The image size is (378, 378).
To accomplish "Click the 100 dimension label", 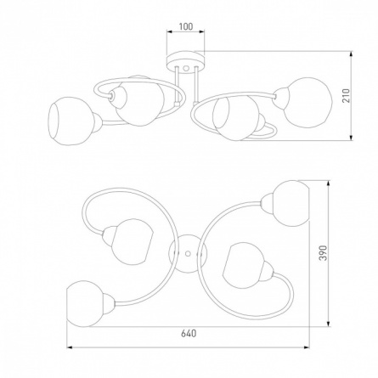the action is pos(186,26).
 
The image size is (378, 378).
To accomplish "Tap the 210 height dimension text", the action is pos(347,96).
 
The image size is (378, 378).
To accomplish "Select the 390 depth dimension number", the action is pos(324,253).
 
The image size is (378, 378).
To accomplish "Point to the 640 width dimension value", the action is pos(189,333).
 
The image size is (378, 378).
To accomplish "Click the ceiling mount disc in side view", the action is pos(185,62).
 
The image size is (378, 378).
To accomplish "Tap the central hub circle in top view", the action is pos(188,253).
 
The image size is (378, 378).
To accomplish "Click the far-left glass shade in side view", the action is pos(70,121).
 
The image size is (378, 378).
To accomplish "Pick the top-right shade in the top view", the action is pos(291,203).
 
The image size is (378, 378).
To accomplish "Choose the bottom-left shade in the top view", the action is pos(86,303).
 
